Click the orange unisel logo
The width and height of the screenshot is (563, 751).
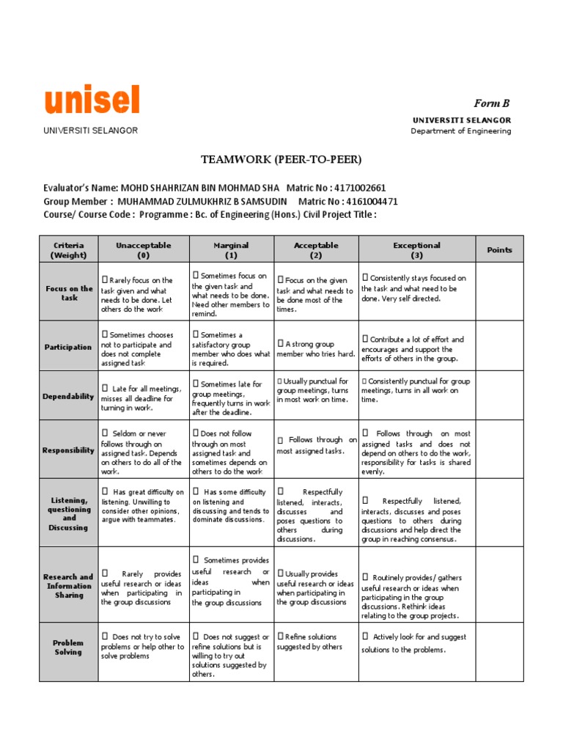pyautogui.click(x=92, y=100)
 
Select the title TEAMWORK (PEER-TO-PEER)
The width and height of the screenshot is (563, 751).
pyautogui.click(x=281, y=159)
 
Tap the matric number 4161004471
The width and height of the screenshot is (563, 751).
pyautogui.click(x=371, y=201)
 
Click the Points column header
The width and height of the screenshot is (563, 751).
pyautogui.click(x=499, y=250)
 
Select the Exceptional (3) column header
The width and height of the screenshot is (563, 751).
pyautogui.click(x=416, y=250)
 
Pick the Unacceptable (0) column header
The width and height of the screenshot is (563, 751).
pyautogui.click(x=143, y=250)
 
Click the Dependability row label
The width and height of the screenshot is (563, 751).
pyautogui.click(x=69, y=396)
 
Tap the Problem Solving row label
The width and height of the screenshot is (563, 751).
pyautogui.click(x=68, y=648)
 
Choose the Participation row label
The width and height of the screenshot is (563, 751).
pyautogui.click(x=68, y=347)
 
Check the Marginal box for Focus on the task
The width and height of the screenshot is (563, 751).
pyautogui.click(x=196, y=276)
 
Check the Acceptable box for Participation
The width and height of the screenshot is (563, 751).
pyautogui.click(x=280, y=343)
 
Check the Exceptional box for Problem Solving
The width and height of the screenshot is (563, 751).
pyautogui.click(x=365, y=637)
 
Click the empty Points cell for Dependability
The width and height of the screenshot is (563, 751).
pyautogui.click(x=499, y=395)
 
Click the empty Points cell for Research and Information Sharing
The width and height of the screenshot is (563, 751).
pyautogui.click(x=499, y=585)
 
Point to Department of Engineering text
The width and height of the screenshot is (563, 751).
pyautogui.click(x=460, y=131)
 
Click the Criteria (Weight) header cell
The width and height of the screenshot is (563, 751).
pyautogui.click(x=68, y=250)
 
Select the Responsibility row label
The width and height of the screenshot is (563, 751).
pyautogui.click(x=68, y=450)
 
